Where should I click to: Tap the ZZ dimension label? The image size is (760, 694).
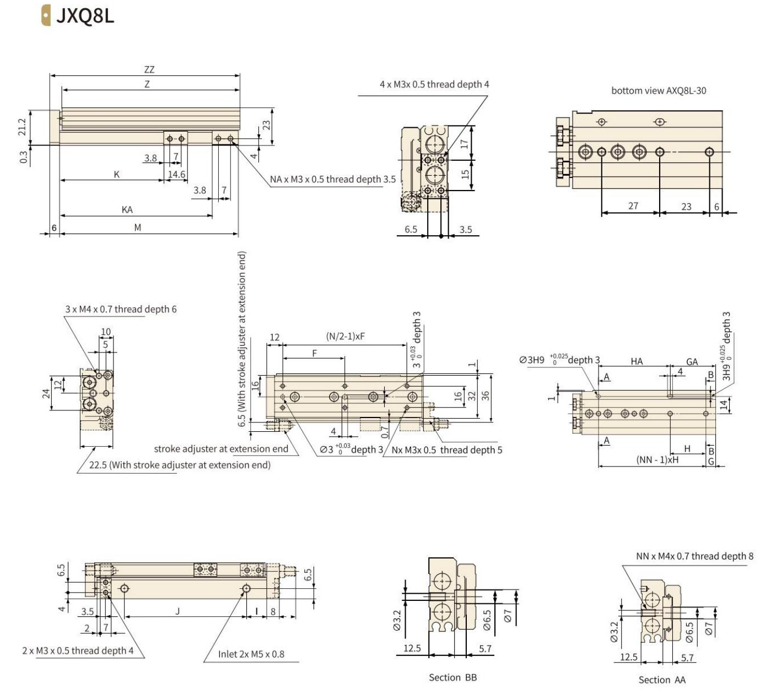[x=149, y=70]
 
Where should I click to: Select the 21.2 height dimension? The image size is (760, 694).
[x=23, y=127]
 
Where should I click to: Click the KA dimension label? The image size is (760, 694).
[x=127, y=210]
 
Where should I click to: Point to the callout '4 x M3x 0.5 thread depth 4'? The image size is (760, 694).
[x=434, y=84]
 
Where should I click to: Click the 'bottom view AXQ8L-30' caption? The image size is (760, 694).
[x=658, y=91]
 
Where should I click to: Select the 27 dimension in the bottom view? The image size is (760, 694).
[x=633, y=206]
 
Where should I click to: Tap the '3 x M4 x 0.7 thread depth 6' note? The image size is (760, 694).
[x=121, y=310]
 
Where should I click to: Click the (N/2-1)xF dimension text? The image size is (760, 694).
[x=345, y=336]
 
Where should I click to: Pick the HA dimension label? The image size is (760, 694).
[x=637, y=361]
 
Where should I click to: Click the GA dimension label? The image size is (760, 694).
[x=692, y=362]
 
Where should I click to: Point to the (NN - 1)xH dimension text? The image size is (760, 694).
[x=657, y=459]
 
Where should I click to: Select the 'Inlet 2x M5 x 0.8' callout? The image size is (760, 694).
[x=251, y=654]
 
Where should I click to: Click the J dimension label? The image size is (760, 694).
[x=177, y=611]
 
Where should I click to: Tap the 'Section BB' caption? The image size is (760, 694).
[x=452, y=677]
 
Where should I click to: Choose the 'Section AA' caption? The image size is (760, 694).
[x=662, y=680]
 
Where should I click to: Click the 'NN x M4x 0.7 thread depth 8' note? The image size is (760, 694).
[x=694, y=556]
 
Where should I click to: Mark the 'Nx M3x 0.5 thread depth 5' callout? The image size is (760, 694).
[x=446, y=450]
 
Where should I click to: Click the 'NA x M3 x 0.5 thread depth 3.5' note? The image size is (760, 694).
[x=332, y=180]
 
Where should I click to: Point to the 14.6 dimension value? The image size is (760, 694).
[x=176, y=175]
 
